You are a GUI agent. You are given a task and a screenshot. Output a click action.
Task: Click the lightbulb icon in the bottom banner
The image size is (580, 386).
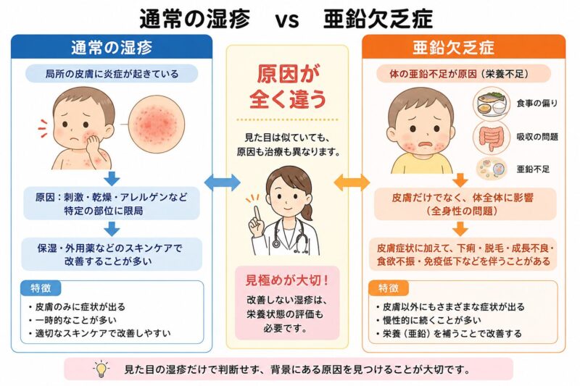101,369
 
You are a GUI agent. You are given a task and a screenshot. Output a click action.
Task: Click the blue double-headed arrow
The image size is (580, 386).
223,182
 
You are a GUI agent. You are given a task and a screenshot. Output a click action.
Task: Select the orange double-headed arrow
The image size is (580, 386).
352,182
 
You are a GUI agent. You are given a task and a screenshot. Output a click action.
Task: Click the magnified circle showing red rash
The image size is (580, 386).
157,124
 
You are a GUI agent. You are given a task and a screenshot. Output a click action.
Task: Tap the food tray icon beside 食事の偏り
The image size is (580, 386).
492,103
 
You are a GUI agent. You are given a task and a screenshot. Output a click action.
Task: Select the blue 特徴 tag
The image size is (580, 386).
41,288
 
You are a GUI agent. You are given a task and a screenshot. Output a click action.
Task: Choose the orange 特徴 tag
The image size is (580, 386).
389,288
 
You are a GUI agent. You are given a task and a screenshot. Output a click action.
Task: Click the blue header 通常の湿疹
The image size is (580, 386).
112,47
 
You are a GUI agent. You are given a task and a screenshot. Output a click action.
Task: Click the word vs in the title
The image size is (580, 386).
287,20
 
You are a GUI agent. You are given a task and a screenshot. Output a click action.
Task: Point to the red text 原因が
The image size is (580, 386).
288,75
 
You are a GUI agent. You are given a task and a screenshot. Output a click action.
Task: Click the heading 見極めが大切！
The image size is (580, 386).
287,281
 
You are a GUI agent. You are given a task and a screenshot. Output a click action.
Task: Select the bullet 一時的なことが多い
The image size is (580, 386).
76,320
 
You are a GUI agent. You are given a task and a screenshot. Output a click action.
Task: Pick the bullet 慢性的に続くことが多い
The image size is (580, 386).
429,320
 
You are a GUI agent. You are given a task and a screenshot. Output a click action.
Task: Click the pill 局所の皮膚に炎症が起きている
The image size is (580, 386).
112,74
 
